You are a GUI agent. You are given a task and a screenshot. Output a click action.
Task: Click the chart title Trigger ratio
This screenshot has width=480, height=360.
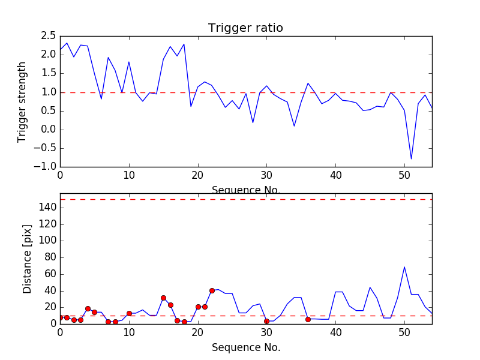245,28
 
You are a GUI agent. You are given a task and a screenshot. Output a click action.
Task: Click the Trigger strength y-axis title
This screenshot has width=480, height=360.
22,102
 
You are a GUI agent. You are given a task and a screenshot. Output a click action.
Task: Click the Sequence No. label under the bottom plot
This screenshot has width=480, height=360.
246,347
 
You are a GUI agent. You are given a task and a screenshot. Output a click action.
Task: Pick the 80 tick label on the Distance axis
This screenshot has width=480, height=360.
50,257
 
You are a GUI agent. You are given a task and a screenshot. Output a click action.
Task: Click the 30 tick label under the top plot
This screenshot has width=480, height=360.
266,176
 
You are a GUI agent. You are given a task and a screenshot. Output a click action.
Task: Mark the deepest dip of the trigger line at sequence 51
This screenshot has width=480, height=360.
412,159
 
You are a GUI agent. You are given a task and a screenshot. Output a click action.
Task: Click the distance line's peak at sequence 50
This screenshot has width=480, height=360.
404,266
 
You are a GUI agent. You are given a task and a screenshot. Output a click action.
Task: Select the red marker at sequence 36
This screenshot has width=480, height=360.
308,319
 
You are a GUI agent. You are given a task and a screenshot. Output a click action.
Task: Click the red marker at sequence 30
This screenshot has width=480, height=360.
266,321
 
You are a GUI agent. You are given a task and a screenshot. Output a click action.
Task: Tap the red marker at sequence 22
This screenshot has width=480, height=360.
212,290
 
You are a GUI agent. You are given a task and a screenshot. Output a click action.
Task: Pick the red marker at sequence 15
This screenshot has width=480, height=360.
163,298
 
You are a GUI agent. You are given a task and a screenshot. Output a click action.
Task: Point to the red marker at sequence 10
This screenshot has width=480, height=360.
129,313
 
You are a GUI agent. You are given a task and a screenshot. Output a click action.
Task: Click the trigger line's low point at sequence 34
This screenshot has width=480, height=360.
294,126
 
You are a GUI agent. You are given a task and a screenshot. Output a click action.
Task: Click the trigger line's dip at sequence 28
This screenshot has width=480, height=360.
253,122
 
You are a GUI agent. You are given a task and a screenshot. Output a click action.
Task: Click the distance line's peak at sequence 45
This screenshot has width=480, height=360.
370,287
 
